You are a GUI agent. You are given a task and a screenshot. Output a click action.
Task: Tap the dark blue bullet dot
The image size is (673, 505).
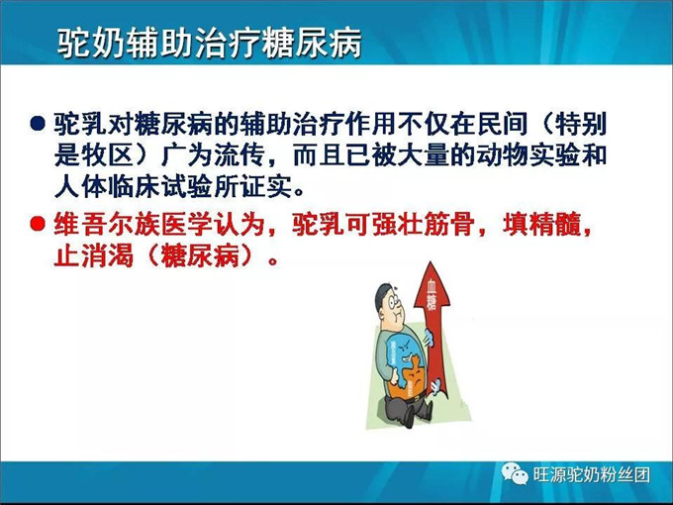(x=38, y=124)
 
